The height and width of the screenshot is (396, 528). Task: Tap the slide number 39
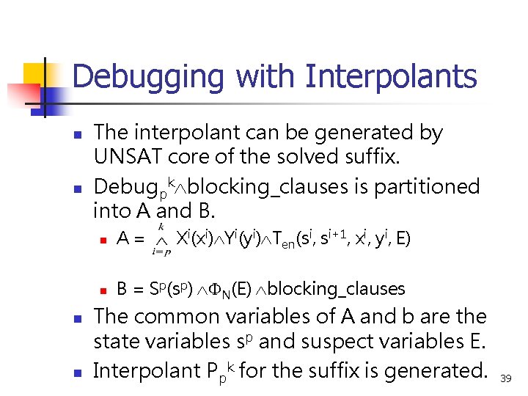click(x=506, y=378)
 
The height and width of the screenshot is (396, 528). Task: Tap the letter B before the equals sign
click(x=122, y=289)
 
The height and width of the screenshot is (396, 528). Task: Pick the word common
click(x=188, y=317)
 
